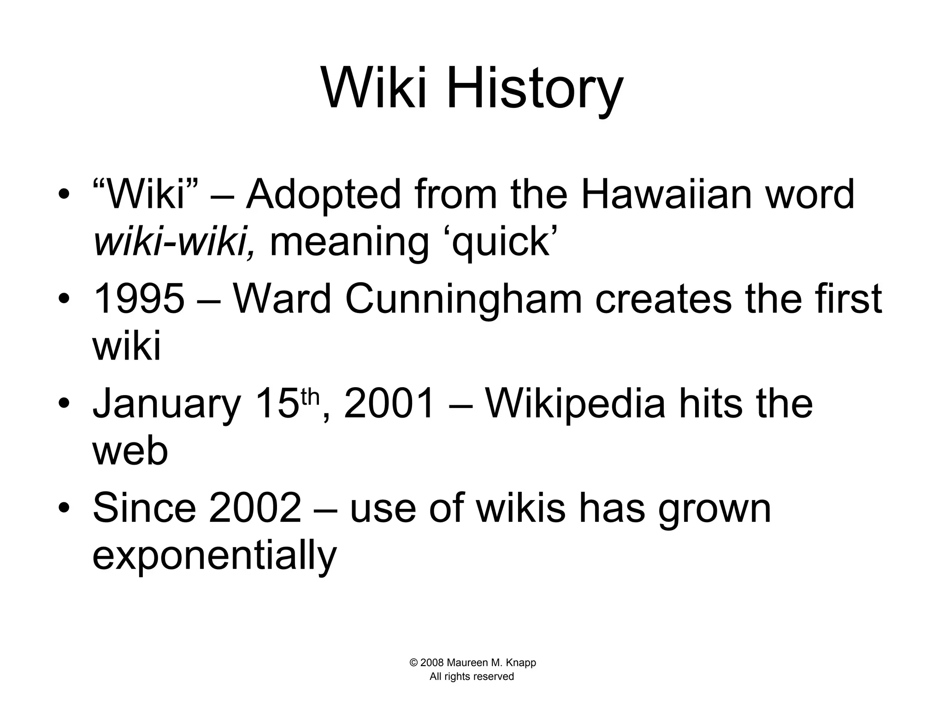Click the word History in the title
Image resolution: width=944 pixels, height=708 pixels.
535,88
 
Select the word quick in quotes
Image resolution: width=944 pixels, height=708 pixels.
501,242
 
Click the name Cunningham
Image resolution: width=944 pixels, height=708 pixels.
464,300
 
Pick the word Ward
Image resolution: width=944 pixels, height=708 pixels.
282,299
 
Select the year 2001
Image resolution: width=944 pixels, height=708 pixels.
389,404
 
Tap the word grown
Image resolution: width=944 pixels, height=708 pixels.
714,509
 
